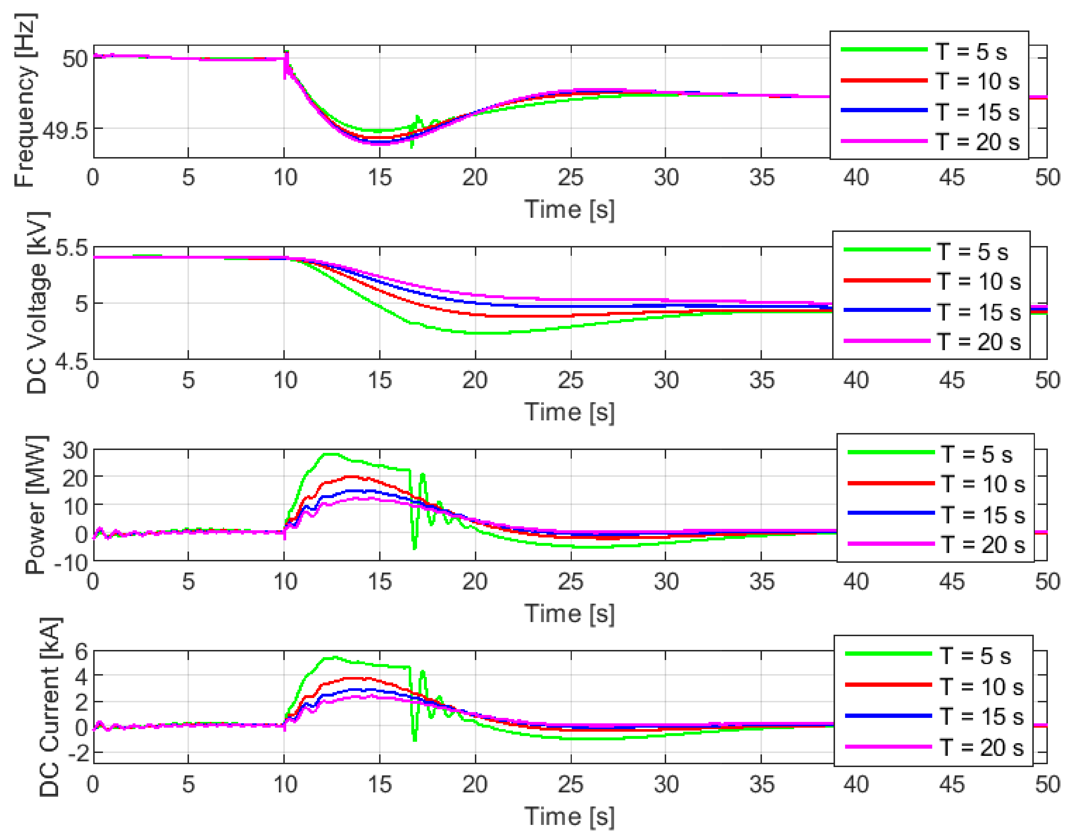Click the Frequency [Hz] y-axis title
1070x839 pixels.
pyautogui.click(x=24, y=101)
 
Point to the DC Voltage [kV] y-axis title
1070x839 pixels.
pyautogui.click(x=37, y=303)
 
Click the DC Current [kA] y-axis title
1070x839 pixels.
pyautogui.click(x=49, y=707)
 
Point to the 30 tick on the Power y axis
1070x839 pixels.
pyautogui.click(x=74, y=450)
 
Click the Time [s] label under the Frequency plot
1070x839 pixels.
pyautogui.click(x=569, y=210)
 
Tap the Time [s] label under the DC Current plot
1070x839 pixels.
pyautogui.click(x=569, y=816)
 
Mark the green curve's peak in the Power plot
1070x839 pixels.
pyautogui.click(x=331, y=454)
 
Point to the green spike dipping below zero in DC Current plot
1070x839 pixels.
pyautogui.click(x=415, y=739)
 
